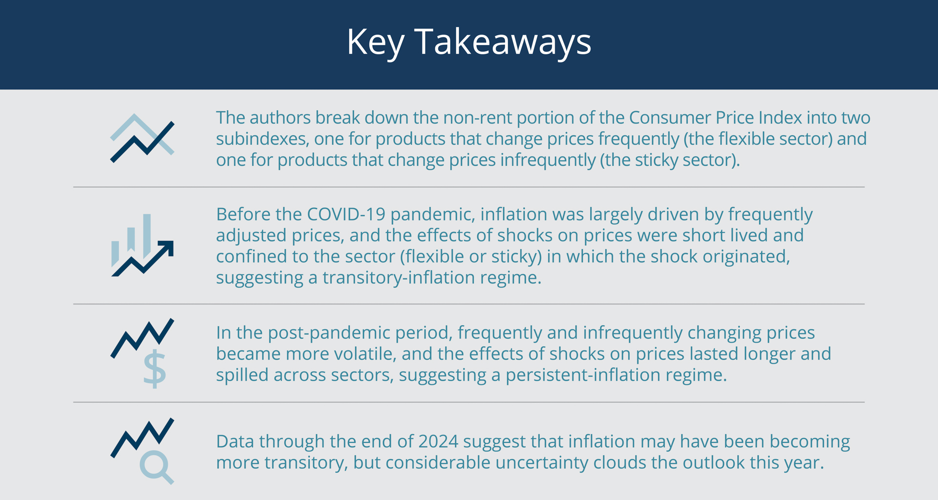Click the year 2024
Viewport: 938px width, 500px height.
pyautogui.click(x=438, y=441)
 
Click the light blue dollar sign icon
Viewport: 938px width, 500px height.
pyautogui.click(x=155, y=369)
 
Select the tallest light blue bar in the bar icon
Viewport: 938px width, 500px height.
pyautogui.click(x=147, y=235)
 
